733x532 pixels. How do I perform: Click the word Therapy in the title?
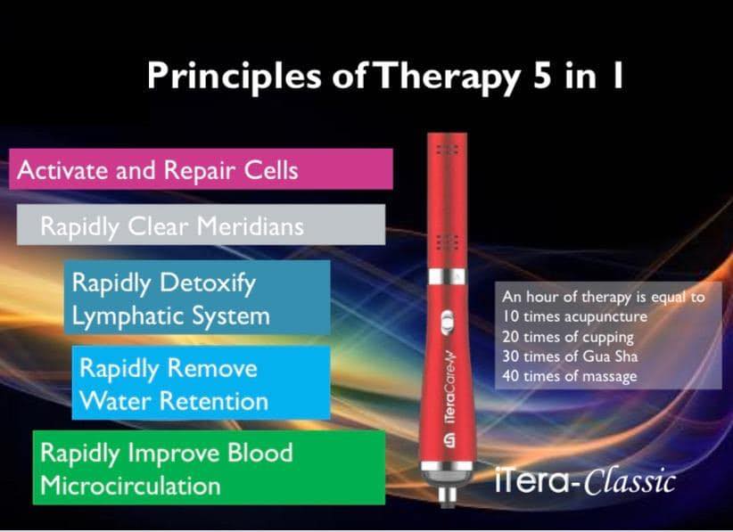446,77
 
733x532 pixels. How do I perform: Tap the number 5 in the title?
542,75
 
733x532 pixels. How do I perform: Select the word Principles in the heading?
235,77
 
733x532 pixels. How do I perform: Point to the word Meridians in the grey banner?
250,226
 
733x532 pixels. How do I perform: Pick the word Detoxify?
208,283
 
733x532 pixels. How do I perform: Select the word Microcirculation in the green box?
130,486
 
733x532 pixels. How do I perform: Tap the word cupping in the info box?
607,338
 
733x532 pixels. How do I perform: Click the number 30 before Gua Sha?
510,356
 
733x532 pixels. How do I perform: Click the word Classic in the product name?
630,481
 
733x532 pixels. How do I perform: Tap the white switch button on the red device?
447,323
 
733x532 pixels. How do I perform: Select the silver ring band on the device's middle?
447,276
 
